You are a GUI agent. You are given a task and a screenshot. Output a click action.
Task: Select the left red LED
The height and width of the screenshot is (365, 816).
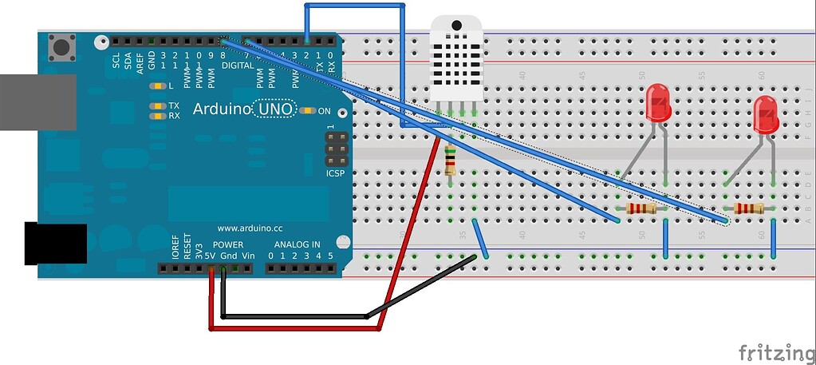coord(658,104)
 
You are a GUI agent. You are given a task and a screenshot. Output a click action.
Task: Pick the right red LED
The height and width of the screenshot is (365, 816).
coord(766,116)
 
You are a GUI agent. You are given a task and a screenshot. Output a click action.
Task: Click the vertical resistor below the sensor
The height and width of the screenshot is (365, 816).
coord(451,161)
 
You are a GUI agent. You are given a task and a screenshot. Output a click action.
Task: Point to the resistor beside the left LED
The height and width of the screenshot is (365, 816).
coord(642,209)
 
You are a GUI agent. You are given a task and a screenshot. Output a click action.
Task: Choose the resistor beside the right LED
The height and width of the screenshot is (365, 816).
coord(749,209)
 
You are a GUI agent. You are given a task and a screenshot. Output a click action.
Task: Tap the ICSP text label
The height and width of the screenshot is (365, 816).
coord(336,173)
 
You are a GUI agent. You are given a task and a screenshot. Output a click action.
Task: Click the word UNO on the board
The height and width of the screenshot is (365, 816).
coord(275,109)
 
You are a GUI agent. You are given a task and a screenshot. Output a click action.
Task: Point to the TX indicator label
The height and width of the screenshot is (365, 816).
coord(174,105)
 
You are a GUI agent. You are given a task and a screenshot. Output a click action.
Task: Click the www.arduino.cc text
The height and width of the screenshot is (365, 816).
coord(252,228)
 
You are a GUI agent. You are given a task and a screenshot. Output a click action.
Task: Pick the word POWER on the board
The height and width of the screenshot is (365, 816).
coord(228,244)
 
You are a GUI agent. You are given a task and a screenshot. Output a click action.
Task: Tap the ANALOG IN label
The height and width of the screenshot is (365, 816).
coord(298,244)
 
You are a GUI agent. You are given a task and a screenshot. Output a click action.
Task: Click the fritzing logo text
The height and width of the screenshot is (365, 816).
coord(770,351)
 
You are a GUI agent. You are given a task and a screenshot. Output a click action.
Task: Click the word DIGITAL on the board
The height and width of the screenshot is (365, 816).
coord(237,65)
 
